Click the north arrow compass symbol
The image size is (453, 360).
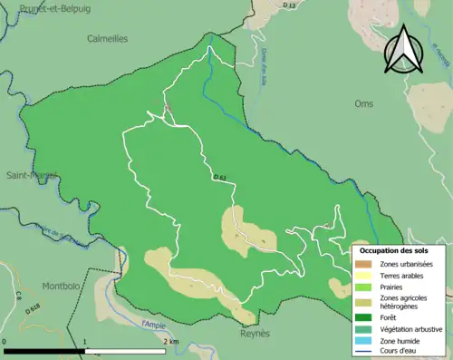pos(403,49)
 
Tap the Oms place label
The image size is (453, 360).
pos(364,104)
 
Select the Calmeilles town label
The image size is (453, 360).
pos(107,39)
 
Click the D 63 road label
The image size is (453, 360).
pos(220,177)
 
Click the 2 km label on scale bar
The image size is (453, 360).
pos(171,341)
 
